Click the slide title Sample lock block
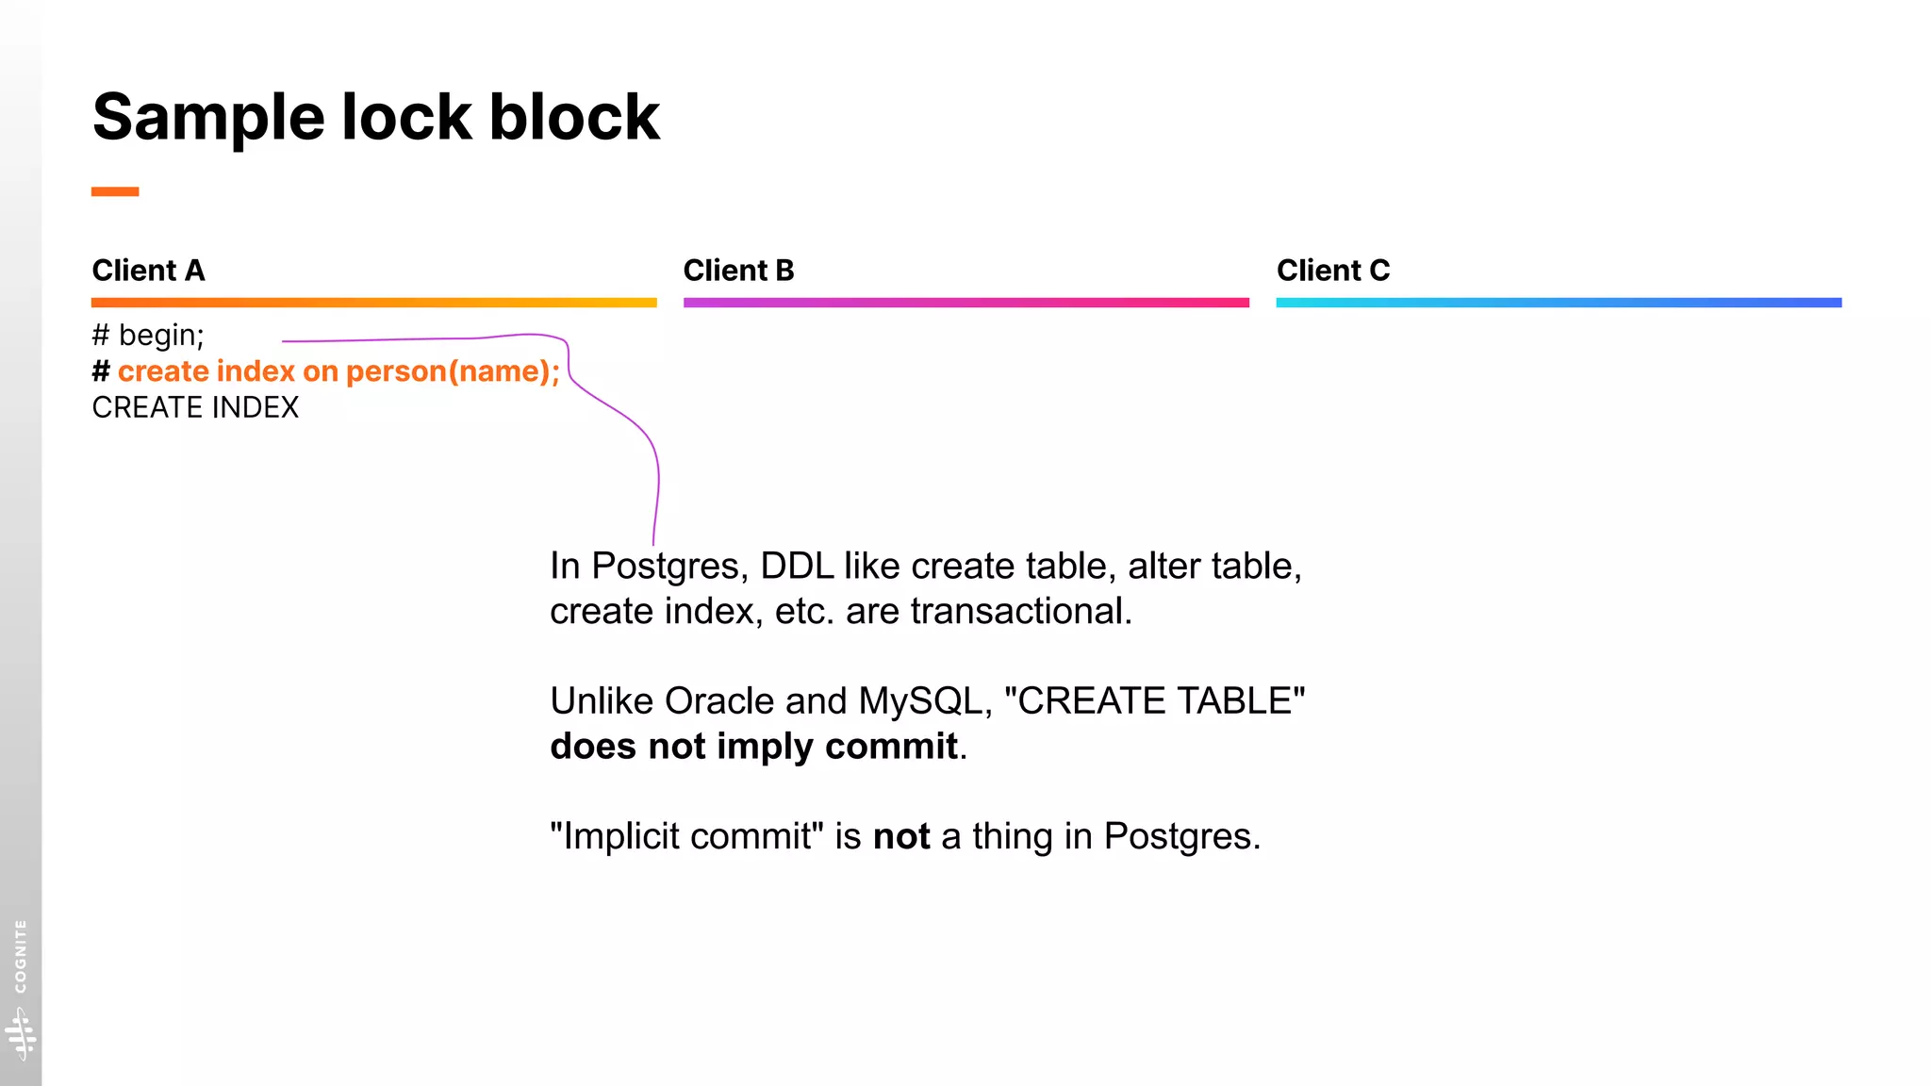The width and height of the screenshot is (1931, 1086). (375, 118)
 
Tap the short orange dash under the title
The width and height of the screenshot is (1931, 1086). (115, 191)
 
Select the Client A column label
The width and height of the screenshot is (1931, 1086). (148, 271)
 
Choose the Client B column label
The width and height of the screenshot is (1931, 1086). (738, 271)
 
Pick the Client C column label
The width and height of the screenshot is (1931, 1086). (1332, 271)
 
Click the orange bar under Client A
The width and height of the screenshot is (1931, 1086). (373, 303)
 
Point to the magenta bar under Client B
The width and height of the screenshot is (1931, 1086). (965, 303)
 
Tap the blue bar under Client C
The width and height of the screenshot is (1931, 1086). (1558, 303)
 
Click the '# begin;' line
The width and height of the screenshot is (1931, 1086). (148, 336)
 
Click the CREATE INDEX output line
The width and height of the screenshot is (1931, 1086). (195, 407)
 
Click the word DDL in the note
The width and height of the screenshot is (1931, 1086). (797, 567)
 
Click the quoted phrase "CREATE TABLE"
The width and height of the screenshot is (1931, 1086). (1154, 701)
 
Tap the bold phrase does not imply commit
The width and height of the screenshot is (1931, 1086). (753, 747)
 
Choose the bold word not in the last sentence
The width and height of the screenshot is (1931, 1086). (901, 837)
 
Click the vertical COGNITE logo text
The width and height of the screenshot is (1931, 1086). (21, 956)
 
